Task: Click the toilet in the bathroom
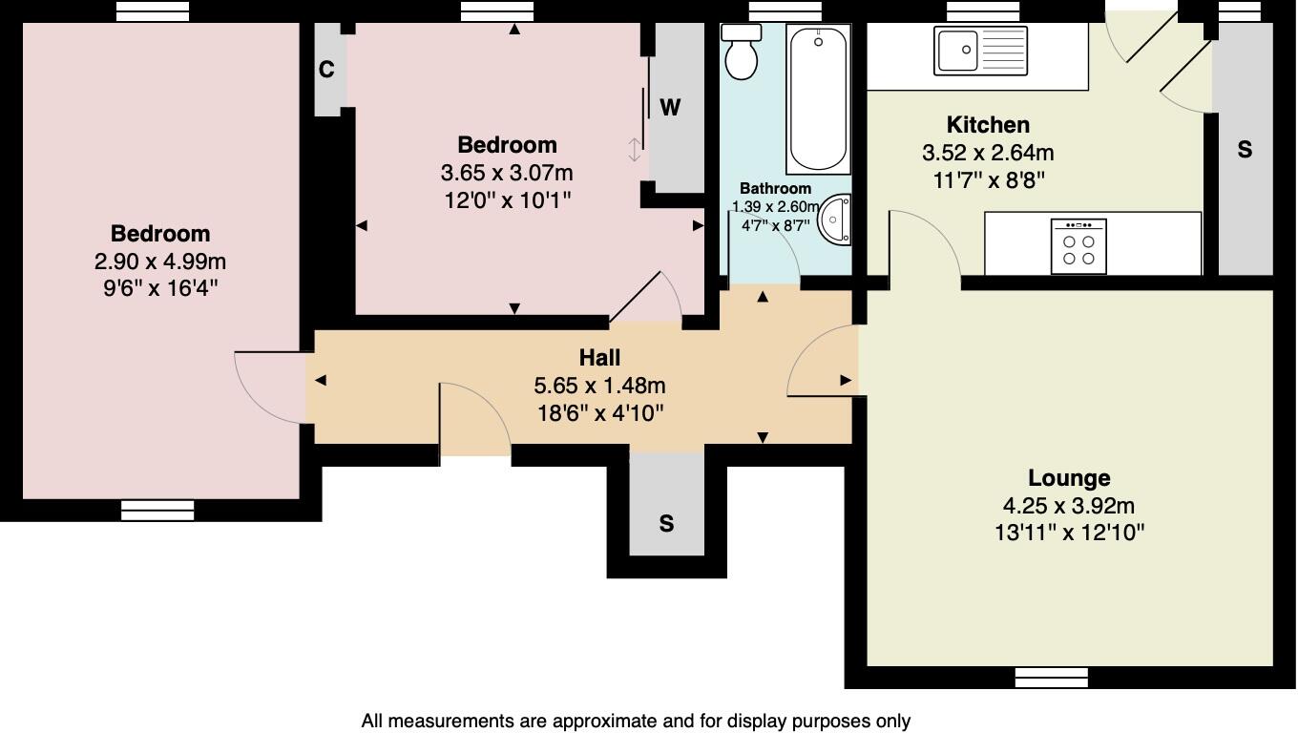[x=742, y=53]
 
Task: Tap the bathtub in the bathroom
[x=817, y=99]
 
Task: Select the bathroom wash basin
[x=837, y=220]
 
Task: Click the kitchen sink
[x=982, y=51]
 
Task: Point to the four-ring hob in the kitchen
[x=1078, y=246]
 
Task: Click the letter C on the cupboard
[x=326, y=70]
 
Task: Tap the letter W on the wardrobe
[x=670, y=108]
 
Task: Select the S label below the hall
[x=666, y=523]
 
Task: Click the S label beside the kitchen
[x=1244, y=150]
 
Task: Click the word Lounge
[x=1069, y=478]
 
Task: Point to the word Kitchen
[x=988, y=125]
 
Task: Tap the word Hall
[x=599, y=358]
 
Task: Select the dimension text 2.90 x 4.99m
[x=160, y=262]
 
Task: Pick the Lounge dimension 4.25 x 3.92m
[x=1069, y=507]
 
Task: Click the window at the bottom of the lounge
[x=1051, y=678]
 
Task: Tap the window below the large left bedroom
[x=157, y=511]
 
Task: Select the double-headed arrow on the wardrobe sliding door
[x=635, y=150]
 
